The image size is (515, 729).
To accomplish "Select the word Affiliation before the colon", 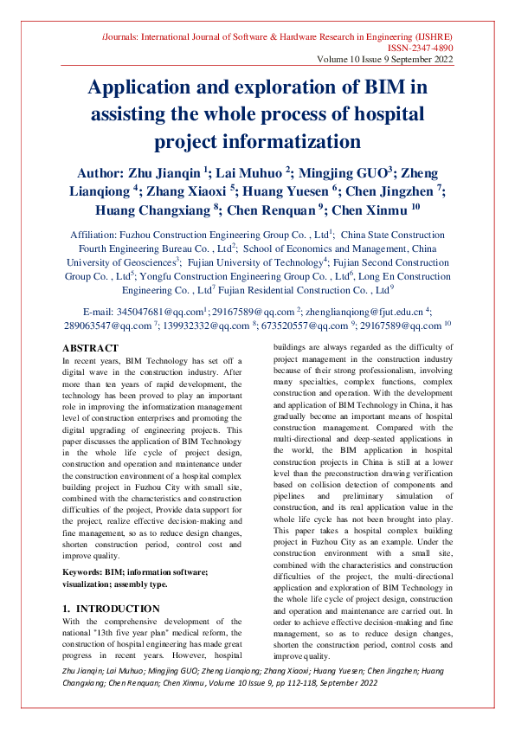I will coord(95,235).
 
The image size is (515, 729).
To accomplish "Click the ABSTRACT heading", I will coord(91,346).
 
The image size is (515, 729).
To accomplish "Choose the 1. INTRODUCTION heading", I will coord(112,610).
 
